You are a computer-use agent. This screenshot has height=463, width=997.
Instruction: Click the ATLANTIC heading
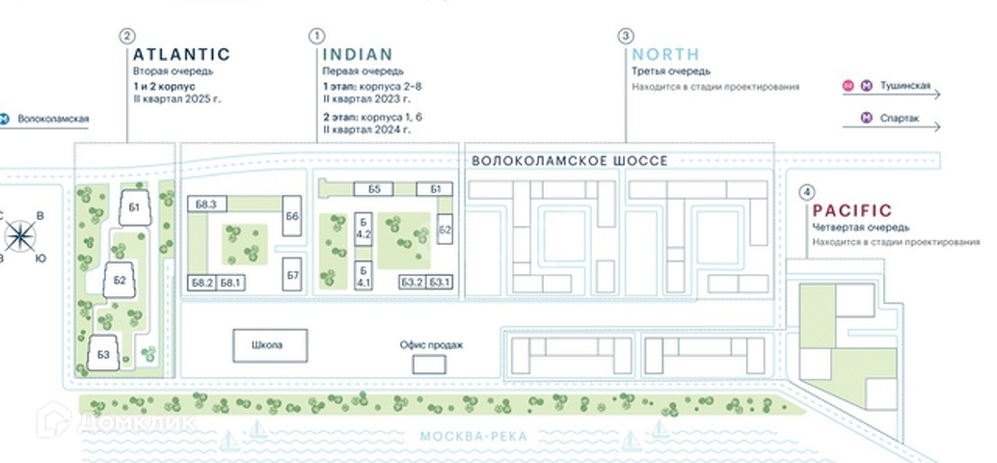point(181,55)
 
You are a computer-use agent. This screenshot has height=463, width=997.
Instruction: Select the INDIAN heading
point(358,55)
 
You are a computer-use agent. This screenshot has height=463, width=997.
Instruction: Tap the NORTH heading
point(665,55)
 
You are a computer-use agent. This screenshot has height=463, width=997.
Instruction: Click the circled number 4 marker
point(806,191)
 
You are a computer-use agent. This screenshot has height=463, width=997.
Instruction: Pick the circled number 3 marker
point(626,37)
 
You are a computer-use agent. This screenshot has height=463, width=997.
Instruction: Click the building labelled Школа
point(269,345)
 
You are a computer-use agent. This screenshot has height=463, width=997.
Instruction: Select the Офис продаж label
point(425,344)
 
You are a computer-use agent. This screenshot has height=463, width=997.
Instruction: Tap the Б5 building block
point(375,188)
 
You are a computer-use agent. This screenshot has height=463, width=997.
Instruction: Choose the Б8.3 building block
point(205,203)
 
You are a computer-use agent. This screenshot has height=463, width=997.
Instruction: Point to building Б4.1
point(364,276)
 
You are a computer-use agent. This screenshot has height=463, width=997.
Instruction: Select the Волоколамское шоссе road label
point(569,161)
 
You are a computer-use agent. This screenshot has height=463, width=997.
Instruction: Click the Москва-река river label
point(473,438)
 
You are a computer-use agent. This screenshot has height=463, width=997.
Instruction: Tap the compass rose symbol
point(21,235)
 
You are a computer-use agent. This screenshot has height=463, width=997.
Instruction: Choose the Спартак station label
point(899,119)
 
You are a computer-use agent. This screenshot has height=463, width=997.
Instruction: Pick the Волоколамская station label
point(53,120)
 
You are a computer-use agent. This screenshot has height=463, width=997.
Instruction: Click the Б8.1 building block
point(232,282)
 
